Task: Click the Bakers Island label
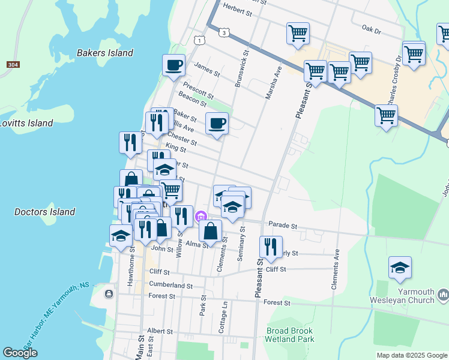(105, 53)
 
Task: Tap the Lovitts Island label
(26, 123)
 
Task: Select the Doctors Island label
(44, 212)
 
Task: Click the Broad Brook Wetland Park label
(291, 335)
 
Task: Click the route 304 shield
(12, 64)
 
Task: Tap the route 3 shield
(223, 32)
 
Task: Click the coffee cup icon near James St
(173, 65)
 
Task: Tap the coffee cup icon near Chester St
(217, 124)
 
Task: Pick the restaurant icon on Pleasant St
(271, 246)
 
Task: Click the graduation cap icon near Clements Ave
(400, 268)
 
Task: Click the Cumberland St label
(170, 286)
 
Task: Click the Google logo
(20, 353)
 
